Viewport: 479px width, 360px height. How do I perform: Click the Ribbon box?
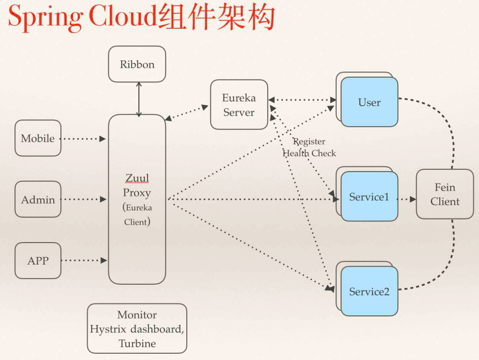pos(137,64)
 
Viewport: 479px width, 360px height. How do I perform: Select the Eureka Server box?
pos(239,105)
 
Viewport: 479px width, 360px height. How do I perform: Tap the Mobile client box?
pos(38,138)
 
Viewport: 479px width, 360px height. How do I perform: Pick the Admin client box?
pos(38,199)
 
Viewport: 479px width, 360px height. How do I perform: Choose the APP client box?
pos(38,261)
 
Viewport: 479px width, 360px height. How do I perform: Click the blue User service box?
pos(369,102)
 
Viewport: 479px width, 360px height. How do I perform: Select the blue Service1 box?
pos(369,197)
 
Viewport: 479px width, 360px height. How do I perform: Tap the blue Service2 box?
pos(369,291)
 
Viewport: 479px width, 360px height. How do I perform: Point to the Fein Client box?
pos(445,194)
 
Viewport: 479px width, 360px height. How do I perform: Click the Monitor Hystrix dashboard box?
pos(137,329)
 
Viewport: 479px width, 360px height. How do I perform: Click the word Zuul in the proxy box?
pos(137,178)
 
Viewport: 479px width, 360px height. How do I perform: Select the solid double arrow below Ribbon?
pos(139,99)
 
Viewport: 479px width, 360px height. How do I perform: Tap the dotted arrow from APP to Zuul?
pos(84,261)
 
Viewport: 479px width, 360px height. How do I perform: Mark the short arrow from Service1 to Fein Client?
pos(407,199)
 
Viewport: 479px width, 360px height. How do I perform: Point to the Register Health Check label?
pos(309,148)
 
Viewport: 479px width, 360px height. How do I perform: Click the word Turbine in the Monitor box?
pos(137,343)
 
